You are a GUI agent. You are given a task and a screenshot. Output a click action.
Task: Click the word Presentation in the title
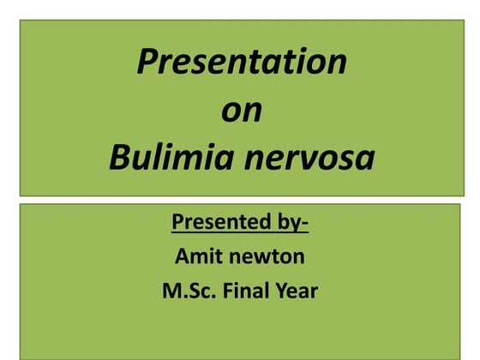242,62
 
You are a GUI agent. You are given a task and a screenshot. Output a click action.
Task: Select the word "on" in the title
242,111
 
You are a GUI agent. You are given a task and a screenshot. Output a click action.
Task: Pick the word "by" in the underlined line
287,223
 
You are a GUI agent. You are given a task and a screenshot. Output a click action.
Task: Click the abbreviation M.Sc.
188,291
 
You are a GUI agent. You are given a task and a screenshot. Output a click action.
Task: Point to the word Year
297,291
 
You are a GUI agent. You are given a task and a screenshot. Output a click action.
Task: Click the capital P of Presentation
147,62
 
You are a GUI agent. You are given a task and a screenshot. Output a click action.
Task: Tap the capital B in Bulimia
119,159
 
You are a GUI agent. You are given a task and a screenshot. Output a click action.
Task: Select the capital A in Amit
181,255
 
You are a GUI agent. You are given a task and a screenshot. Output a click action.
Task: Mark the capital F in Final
229,291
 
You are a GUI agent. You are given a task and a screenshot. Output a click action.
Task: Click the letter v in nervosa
312,160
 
